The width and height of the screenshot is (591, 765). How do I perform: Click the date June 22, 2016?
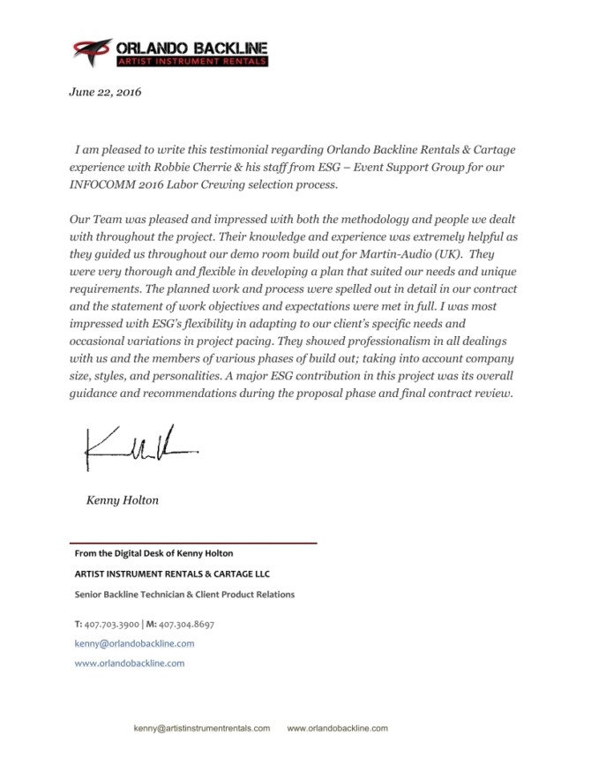tap(105, 92)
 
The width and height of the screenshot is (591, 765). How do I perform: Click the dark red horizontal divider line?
tap(194, 543)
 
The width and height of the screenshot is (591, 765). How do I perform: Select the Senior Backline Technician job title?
tap(184, 595)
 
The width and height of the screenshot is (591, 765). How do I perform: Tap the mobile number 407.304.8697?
tap(185, 624)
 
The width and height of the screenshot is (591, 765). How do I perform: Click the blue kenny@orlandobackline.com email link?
tap(135, 643)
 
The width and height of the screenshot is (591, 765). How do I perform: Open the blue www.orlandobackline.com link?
tap(129, 663)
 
